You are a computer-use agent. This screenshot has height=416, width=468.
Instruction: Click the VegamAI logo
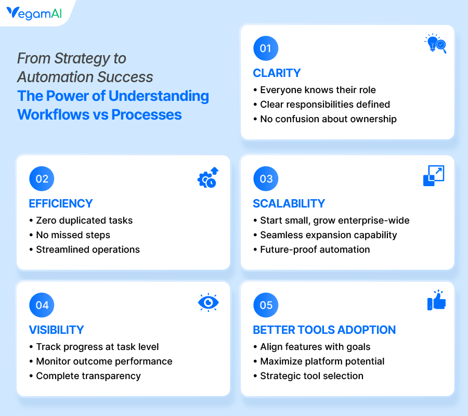34,13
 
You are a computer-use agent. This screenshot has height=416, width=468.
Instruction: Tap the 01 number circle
266,48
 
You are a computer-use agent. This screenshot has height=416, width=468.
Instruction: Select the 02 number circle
42,179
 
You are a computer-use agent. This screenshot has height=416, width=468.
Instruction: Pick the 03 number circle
266,179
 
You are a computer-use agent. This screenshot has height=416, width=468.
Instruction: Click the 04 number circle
42,305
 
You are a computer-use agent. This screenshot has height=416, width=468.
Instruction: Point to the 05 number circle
266,305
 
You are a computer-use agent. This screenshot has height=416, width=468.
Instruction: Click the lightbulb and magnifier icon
435,44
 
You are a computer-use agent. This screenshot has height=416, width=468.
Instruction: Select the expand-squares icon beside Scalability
434,176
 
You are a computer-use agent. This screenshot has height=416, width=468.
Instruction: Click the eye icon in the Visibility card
209,303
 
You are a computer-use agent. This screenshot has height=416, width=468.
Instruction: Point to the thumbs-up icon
436,300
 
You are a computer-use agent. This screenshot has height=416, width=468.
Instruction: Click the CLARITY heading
277,73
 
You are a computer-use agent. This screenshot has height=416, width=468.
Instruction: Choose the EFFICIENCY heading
61,203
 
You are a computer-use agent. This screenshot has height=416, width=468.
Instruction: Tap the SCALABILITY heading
289,203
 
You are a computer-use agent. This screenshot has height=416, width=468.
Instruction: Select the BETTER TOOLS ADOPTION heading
324,330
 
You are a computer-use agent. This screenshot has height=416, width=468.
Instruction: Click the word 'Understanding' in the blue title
159,96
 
